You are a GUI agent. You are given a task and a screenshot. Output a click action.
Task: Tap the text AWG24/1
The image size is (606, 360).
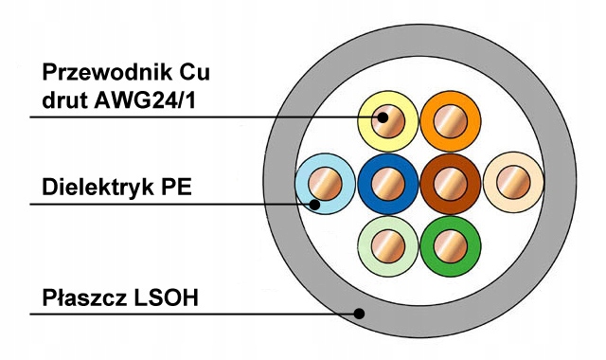pyautogui.click(x=145, y=101)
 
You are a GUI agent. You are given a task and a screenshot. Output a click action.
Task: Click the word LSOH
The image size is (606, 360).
pyautogui.click(x=166, y=297)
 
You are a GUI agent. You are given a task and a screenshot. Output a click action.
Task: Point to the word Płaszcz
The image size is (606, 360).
pyautogui.click(x=84, y=297)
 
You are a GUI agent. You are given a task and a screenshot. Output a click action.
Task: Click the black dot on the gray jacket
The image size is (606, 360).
pyautogui.click(x=360, y=314)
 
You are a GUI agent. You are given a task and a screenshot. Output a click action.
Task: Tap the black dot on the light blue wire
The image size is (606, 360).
pyautogui.click(x=315, y=205)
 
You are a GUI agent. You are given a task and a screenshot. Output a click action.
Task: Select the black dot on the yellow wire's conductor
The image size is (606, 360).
pyautogui.click(x=383, y=117)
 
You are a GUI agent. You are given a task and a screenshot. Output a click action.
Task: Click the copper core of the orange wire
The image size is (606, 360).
pyautogui.click(x=451, y=121)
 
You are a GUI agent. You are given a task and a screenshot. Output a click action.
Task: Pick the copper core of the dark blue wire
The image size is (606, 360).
pyautogui.click(x=388, y=184)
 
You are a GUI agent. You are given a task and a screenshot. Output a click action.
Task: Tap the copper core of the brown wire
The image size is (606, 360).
pyautogui.click(x=451, y=184)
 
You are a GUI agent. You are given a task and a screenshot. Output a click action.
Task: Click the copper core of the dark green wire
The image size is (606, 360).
pyautogui.click(x=451, y=246)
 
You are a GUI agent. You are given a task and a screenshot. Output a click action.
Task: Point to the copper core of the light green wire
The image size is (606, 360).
pyautogui.click(x=388, y=246)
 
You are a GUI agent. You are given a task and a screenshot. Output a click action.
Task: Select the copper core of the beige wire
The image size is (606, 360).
pyautogui.click(x=513, y=183)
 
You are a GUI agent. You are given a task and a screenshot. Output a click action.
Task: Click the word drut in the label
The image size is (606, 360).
pyautogui.click(x=64, y=101)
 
